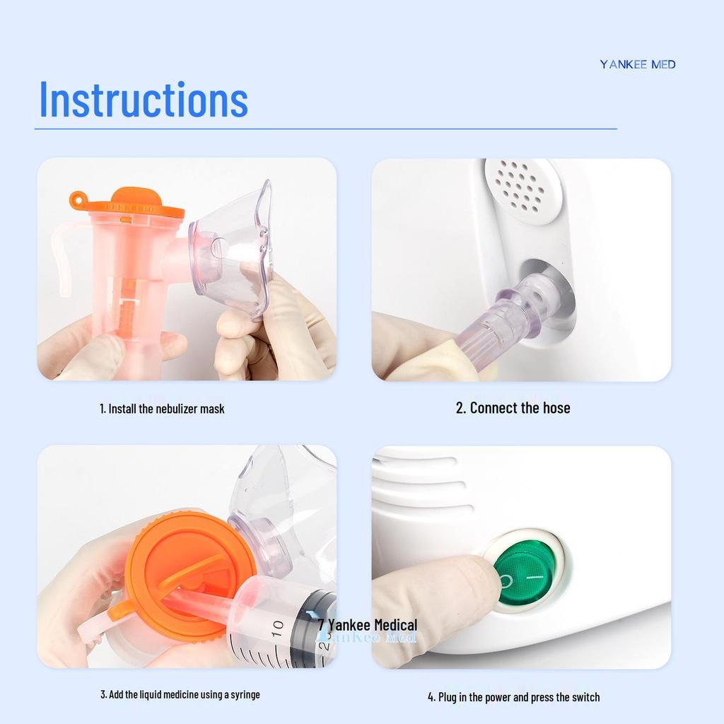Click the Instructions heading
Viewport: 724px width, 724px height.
[x=144, y=100]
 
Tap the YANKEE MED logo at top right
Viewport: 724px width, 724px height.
[x=638, y=64]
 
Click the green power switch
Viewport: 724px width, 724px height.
[x=523, y=572]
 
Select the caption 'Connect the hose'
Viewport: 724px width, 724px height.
[x=513, y=408]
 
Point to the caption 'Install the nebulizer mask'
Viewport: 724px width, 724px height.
[x=162, y=409]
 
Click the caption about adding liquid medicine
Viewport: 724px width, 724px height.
[x=180, y=694]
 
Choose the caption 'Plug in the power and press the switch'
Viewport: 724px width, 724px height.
[x=513, y=697]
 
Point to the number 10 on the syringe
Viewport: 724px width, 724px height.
[x=277, y=627]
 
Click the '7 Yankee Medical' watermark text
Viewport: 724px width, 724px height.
[x=368, y=625]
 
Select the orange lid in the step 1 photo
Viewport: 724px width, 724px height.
[x=131, y=204]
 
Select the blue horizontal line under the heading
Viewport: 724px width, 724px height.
[x=325, y=129]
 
